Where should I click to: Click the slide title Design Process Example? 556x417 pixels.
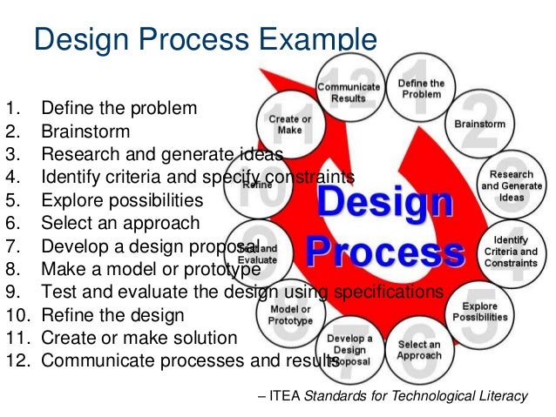pyautogui.click(x=205, y=39)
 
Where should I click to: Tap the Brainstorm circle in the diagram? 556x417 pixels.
pyautogui.click(x=480, y=124)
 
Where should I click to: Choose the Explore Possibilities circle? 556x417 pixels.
pyautogui.click(x=478, y=312)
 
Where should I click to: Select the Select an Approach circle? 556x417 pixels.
pyautogui.click(x=419, y=350)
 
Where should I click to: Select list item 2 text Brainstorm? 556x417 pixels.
pyautogui.click(x=85, y=132)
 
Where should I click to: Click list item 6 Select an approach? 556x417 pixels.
pyautogui.click(x=119, y=223)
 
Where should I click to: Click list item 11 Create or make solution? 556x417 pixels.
pyautogui.click(x=139, y=337)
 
